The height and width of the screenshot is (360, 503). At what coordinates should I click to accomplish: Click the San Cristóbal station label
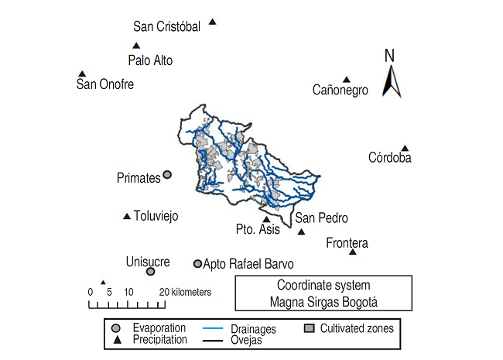[166, 27]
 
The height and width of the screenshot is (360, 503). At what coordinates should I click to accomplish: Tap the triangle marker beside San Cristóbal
[213, 22]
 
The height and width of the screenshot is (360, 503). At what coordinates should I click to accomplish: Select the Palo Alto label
[150, 60]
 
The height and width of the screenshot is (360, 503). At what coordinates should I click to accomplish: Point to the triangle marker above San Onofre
[82, 74]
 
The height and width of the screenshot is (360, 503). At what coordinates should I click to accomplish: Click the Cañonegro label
[340, 91]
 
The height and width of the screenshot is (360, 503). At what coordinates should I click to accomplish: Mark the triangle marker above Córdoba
[404, 148]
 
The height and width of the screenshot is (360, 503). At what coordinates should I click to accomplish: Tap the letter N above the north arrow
[390, 56]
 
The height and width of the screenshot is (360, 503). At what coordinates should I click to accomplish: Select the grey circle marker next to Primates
[167, 175]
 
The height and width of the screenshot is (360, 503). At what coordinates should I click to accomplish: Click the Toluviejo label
[156, 217]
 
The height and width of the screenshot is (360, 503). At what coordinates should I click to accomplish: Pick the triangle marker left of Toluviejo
[127, 217]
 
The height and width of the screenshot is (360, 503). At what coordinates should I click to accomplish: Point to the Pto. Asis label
[258, 229]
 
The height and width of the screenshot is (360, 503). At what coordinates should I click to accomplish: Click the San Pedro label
[321, 218]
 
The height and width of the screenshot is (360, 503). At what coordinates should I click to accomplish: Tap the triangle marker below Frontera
[353, 252]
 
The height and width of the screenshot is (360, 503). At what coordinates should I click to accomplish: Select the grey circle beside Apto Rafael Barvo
[197, 263]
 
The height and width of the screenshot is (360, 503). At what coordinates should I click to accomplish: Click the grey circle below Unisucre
[151, 272]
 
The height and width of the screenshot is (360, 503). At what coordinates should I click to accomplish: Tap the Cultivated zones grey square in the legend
[308, 328]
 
